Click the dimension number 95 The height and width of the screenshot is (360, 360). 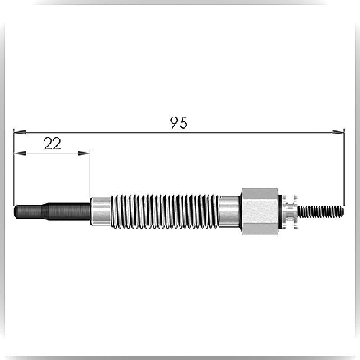coord(179,122)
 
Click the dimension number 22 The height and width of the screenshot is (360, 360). coord(52,144)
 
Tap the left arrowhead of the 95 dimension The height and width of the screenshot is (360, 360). coord(20,132)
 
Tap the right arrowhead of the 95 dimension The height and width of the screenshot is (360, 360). coord(338,132)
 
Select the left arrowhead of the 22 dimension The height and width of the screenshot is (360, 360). coord(20,153)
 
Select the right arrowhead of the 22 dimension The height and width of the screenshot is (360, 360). coord(84,153)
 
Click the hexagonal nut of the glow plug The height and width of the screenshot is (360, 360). coord(260,211)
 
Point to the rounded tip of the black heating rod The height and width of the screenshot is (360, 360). coord(15,211)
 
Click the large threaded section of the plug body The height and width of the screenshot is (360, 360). coord(165,211)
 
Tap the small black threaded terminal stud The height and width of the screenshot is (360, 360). coord(321,211)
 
